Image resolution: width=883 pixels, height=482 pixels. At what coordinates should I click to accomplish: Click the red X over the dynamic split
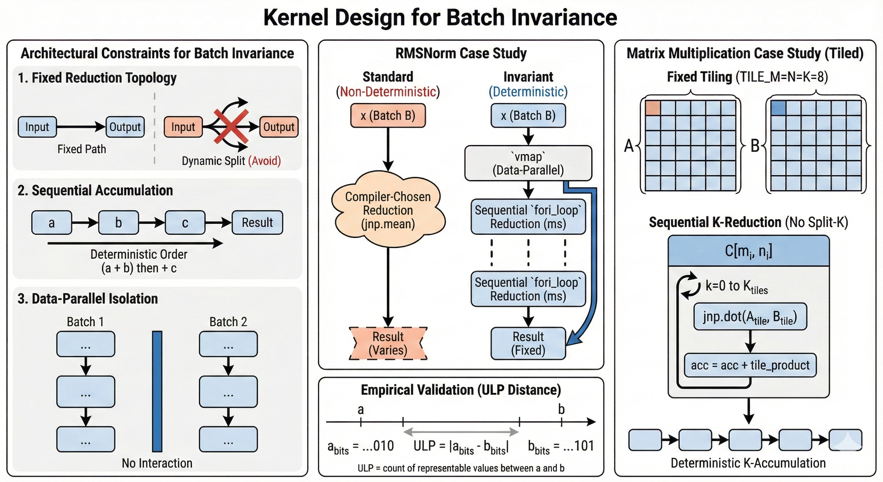pyautogui.click(x=231, y=126)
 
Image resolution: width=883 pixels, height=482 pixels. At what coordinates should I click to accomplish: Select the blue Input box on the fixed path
pyautogui.click(x=37, y=127)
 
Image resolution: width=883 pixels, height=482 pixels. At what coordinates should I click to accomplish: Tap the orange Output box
pyautogui.click(x=279, y=127)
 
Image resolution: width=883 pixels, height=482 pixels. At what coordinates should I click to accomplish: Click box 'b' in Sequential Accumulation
pyautogui.click(x=118, y=223)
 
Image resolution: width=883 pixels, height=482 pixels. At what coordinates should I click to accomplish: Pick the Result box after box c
pyautogui.click(x=257, y=223)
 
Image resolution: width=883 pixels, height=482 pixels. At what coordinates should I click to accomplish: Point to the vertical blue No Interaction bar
pyautogui.click(x=157, y=391)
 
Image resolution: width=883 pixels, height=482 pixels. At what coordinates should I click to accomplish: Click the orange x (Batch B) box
pyautogui.click(x=388, y=115)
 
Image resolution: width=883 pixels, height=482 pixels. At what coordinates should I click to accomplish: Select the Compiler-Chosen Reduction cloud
pyautogui.click(x=388, y=210)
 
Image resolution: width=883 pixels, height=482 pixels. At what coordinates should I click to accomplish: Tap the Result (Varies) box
pyautogui.click(x=388, y=343)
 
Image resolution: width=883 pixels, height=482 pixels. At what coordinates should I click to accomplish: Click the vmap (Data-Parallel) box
pyautogui.click(x=528, y=163)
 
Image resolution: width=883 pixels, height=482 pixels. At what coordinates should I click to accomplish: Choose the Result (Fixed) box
pyautogui.click(x=528, y=343)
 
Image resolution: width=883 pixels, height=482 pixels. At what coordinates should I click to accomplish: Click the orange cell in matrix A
pyautogui.click(x=653, y=108)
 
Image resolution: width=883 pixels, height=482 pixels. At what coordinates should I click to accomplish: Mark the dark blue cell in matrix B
pyautogui.click(x=778, y=108)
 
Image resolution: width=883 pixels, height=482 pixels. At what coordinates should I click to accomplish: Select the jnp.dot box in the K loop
pyautogui.click(x=750, y=317)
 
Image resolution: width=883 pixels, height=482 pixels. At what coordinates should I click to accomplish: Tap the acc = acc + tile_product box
pyautogui.click(x=750, y=365)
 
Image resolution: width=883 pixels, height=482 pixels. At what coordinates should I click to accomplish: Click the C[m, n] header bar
pyautogui.click(x=748, y=251)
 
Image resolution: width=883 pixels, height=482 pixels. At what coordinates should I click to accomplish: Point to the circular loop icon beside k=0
pyautogui.click(x=690, y=286)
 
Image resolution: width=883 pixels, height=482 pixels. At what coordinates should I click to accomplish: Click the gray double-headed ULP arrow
pyautogui.click(x=461, y=431)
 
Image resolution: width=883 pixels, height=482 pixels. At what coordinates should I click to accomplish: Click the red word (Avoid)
pyautogui.click(x=264, y=161)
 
